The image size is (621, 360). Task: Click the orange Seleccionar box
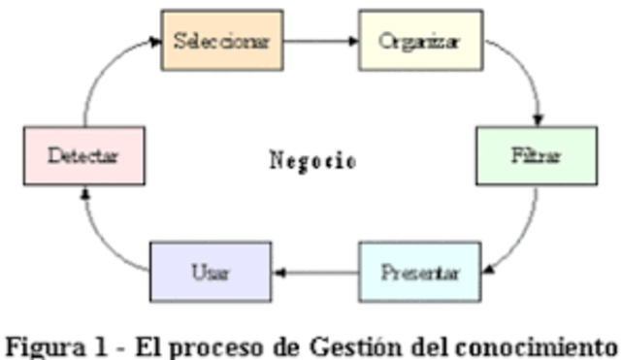221,41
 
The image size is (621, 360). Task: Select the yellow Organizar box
421,41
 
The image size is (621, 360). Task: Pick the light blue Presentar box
420,271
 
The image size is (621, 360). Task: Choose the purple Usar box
210,271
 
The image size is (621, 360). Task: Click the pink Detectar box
83,156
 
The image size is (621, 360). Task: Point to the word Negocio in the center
311,159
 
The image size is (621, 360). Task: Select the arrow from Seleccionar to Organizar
320,42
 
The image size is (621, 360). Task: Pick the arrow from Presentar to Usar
315,272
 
